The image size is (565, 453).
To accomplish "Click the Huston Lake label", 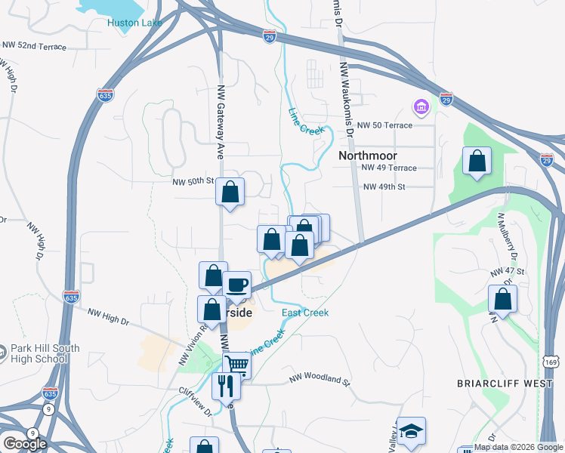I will coord(134,23).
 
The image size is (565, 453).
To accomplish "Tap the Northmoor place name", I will coord(368,155).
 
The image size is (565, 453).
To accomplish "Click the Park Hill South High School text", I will coord(39,354).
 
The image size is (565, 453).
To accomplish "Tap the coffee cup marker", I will coord(237,284).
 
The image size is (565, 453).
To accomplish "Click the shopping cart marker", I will coord(237,365).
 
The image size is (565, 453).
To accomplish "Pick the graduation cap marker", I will coord(412,430).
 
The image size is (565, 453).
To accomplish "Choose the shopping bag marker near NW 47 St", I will coord(502,297).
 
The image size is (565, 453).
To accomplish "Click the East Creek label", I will coord(305,313).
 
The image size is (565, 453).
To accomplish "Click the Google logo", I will coord(24,444).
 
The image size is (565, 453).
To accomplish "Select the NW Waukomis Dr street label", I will coord(347,98).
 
